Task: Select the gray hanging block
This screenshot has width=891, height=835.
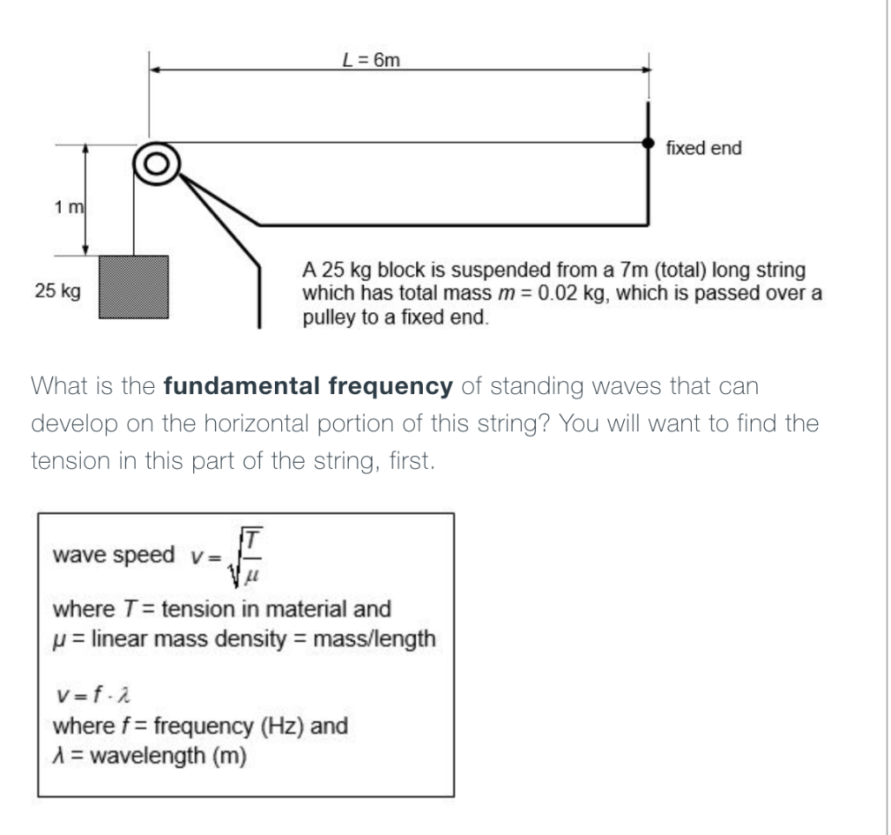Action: (x=133, y=288)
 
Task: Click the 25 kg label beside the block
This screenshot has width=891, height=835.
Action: (x=58, y=291)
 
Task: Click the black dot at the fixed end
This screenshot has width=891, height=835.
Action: (x=647, y=144)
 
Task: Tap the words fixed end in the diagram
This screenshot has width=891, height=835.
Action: (x=703, y=149)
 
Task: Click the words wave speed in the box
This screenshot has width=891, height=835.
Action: (x=113, y=555)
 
